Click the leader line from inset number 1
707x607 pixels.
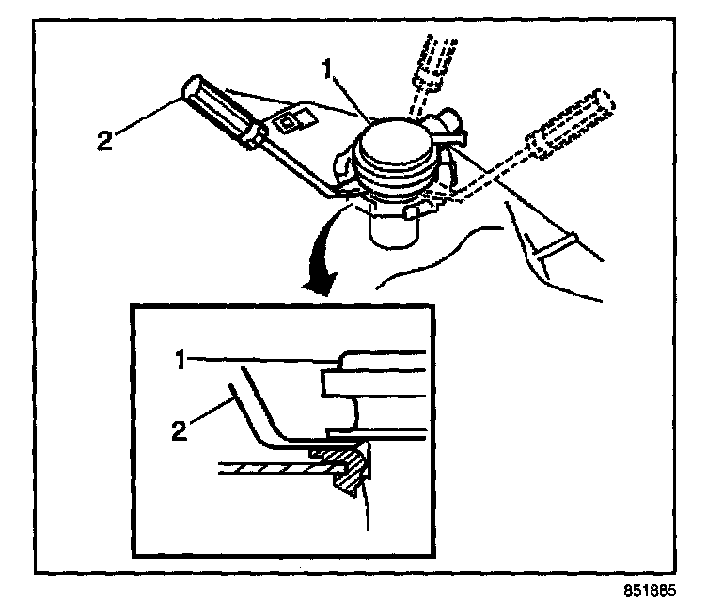pos(254,358)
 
